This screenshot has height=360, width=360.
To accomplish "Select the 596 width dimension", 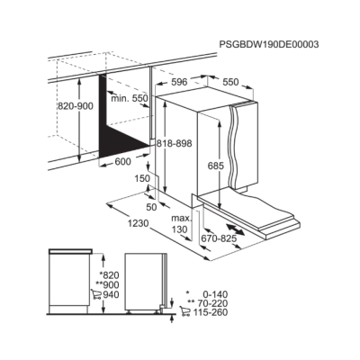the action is [x=179, y=82].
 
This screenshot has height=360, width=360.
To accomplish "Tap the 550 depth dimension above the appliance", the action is [x=230, y=82].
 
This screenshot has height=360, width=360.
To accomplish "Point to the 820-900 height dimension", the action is [x=76, y=106].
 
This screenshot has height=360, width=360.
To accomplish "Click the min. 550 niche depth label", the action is [x=130, y=98].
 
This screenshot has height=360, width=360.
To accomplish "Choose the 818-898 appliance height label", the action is [x=174, y=144].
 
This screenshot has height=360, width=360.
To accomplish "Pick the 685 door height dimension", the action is [x=216, y=166].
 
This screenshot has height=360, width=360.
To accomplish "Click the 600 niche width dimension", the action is [x=122, y=162].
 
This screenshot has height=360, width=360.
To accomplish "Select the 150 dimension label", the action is [x=141, y=178].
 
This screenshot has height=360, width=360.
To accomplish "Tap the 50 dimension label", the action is [x=151, y=207].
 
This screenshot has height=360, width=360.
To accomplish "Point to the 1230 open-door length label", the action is [x=138, y=223].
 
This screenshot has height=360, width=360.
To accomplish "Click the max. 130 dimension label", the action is [x=181, y=224].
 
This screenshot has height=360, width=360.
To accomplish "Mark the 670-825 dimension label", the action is [x=219, y=238].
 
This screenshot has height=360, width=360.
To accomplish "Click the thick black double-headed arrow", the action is [x=235, y=229].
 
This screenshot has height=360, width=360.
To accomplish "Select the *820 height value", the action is [x=109, y=275].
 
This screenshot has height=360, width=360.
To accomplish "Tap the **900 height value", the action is [x=107, y=284].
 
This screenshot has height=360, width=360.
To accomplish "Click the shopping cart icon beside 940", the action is [x=96, y=294].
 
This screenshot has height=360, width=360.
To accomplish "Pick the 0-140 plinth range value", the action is [x=214, y=294].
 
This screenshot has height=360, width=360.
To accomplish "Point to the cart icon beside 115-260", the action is [x=184, y=311].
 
